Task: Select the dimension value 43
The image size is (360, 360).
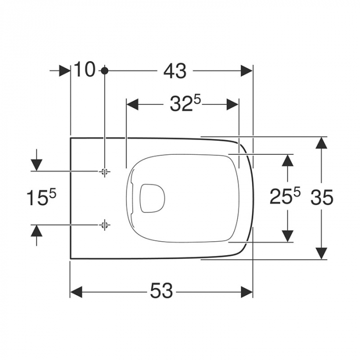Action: point(175,71)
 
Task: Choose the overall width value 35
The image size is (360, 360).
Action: point(322,197)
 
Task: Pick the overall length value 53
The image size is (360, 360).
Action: point(161,292)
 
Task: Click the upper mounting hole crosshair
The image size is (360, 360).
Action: point(104,171)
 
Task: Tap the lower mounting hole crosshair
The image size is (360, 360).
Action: point(104,224)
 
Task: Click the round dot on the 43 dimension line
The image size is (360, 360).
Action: point(104,70)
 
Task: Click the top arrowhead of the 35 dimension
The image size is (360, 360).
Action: point(321,143)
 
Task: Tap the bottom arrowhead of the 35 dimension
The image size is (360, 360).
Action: point(321,253)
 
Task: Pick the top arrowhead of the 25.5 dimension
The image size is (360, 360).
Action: point(287,159)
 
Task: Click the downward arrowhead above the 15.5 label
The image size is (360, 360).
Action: point(37,165)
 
